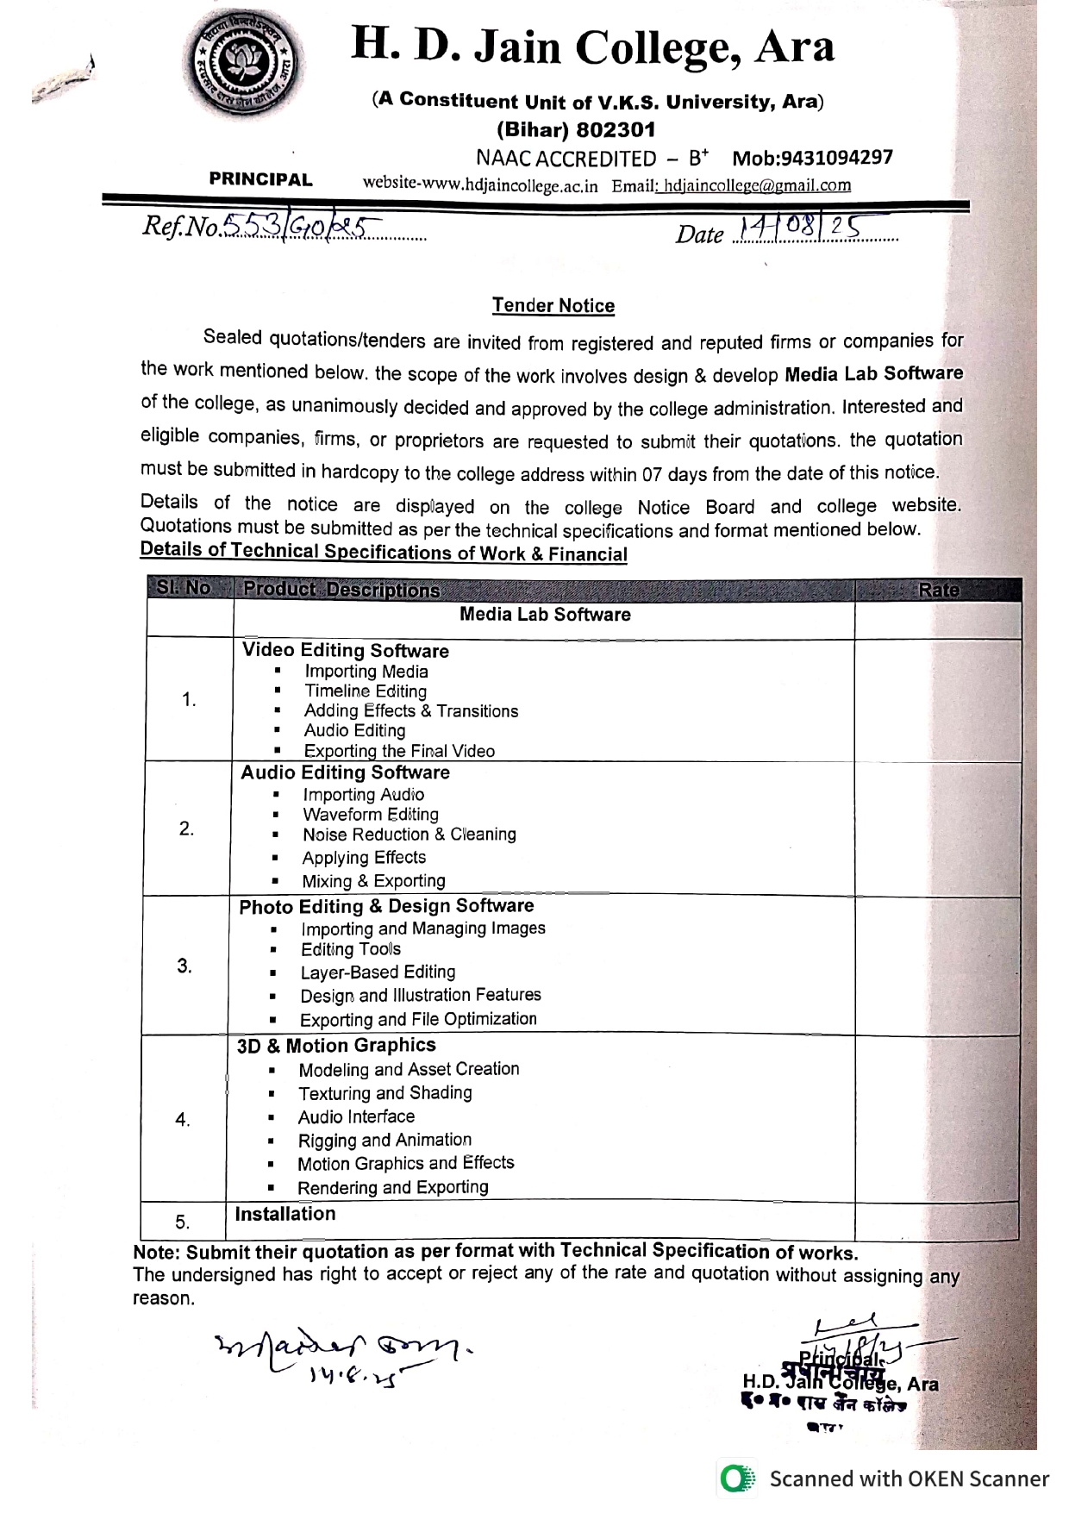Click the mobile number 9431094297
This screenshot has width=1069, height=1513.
(x=812, y=158)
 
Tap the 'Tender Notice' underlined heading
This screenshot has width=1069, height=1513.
(x=553, y=305)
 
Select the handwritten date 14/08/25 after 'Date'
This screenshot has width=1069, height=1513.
(x=798, y=229)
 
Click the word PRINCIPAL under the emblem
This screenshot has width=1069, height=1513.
(x=260, y=179)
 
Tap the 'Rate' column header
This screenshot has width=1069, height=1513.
(x=938, y=590)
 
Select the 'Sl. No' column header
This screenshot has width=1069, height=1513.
(x=184, y=588)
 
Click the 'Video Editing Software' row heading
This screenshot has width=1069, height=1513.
(x=345, y=651)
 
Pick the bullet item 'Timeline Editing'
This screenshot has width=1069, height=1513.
(x=366, y=691)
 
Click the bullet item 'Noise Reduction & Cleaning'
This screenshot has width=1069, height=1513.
(x=409, y=835)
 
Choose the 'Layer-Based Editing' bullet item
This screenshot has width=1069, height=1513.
(x=378, y=972)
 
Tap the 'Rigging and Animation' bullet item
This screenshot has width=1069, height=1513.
(x=384, y=1141)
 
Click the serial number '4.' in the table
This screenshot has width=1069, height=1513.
(x=183, y=1120)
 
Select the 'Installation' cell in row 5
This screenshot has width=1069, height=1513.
(x=285, y=1214)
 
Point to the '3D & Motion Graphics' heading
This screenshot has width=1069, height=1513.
(x=336, y=1046)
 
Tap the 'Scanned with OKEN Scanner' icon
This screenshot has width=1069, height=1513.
(x=735, y=1479)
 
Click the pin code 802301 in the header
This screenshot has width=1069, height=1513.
(x=616, y=130)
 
